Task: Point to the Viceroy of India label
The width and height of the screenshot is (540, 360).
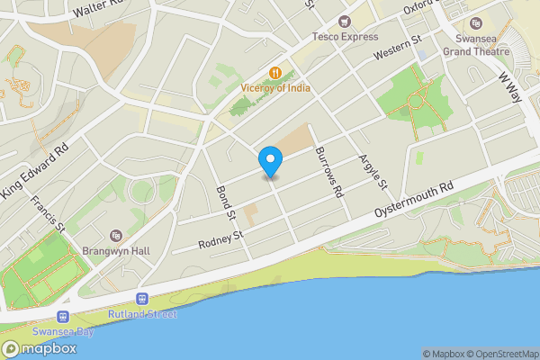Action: (x=276, y=87)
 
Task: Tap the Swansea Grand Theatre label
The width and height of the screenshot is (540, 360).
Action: (x=477, y=45)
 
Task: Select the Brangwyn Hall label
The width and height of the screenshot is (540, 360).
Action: (x=114, y=251)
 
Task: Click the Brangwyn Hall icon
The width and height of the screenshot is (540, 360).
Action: (x=114, y=236)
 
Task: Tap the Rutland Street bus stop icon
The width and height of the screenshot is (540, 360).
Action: (x=141, y=299)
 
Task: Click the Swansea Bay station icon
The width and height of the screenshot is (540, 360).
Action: (x=62, y=316)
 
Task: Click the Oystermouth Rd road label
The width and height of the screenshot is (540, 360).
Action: (x=415, y=201)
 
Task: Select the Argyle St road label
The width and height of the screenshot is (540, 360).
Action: (x=373, y=172)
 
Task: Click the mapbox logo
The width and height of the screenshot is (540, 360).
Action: (x=40, y=349)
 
